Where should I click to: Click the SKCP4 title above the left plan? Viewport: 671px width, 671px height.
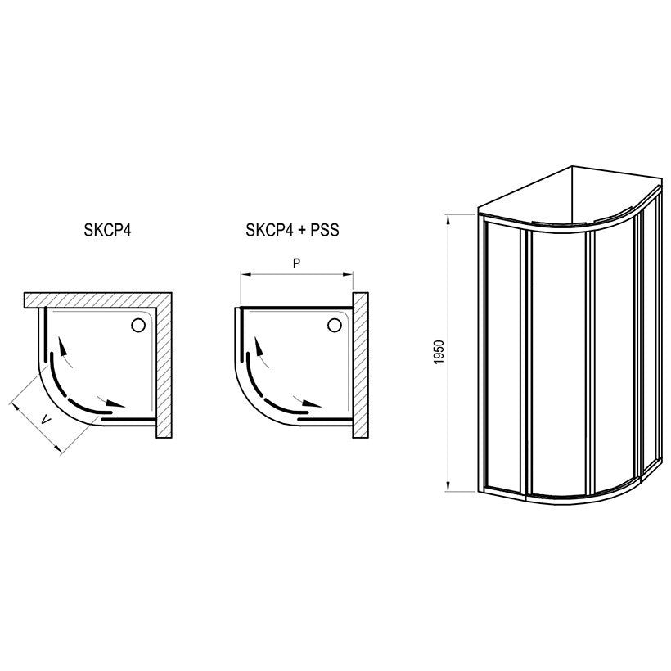107,230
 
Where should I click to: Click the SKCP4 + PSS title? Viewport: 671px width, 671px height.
292,230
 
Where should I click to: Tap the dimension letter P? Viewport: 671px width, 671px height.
296,263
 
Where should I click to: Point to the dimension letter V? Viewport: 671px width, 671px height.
46,421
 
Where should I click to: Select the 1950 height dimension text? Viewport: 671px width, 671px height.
439,352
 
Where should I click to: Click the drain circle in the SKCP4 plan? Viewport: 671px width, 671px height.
138,325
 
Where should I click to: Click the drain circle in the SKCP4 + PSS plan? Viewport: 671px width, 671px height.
334,325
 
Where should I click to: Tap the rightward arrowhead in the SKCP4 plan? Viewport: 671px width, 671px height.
115,403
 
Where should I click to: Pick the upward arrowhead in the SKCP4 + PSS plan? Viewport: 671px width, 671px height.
259,346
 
